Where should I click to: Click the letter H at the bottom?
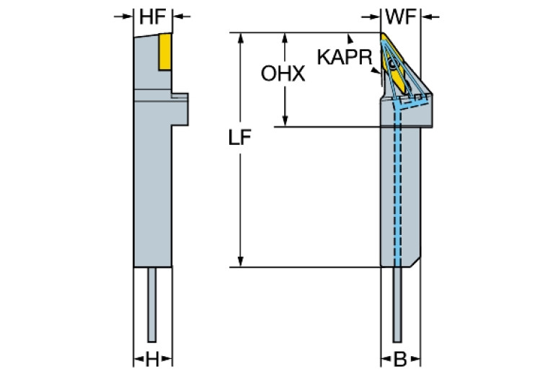pyautogui.click(x=152, y=358)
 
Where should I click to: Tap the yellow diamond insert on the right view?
pyautogui.click(x=390, y=54)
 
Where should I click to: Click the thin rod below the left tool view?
pyautogui.click(x=152, y=303)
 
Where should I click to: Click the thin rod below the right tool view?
pyautogui.click(x=397, y=303)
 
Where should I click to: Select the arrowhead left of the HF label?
pyautogui.click(x=129, y=17)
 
